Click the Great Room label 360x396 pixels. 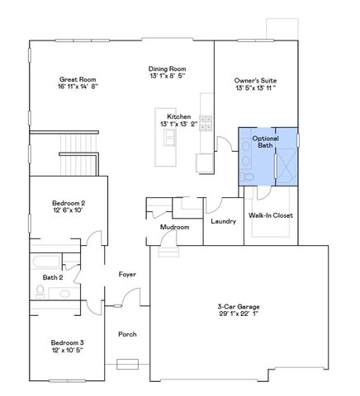(x=78, y=78)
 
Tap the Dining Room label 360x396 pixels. (x=167, y=68)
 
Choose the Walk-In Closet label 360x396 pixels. (x=271, y=215)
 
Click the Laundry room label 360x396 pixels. (x=223, y=221)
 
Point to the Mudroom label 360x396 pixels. (x=175, y=227)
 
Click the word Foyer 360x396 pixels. (x=127, y=274)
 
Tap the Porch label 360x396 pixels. (x=127, y=333)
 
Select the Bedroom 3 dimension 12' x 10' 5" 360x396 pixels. (x=67, y=350)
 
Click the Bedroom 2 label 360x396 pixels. (x=69, y=203)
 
